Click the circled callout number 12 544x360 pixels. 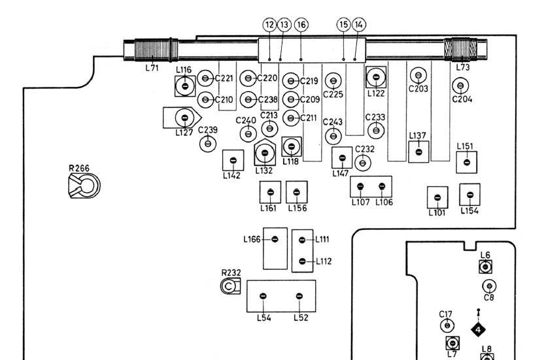[x=269, y=24]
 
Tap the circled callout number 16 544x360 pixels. [x=301, y=24]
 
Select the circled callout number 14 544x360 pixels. [x=359, y=24]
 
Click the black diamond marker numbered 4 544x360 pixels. [x=479, y=329]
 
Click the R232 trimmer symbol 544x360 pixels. [x=230, y=286]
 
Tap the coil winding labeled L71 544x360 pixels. [x=152, y=50]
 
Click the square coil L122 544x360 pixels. [x=375, y=78]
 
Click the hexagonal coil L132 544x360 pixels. [x=264, y=154]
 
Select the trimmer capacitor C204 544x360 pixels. [x=461, y=85]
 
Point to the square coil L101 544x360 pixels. [x=437, y=197]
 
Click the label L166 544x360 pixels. [x=253, y=239]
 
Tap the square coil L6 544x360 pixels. [x=485, y=267]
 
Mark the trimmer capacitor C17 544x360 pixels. [x=447, y=325]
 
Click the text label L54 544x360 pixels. [x=263, y=318]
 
